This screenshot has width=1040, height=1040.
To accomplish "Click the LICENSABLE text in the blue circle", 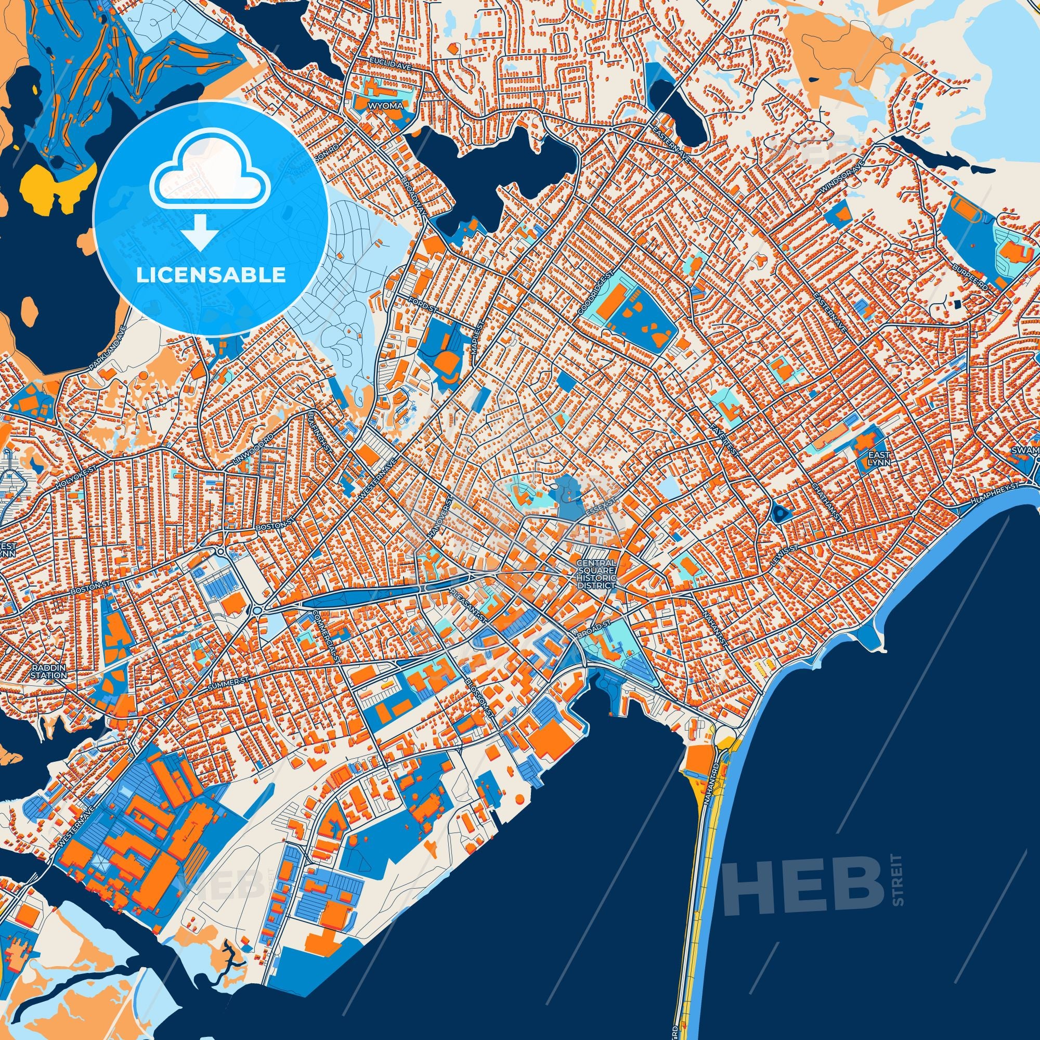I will [211, 275].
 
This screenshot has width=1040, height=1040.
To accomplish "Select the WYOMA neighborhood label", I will [385, 106].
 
